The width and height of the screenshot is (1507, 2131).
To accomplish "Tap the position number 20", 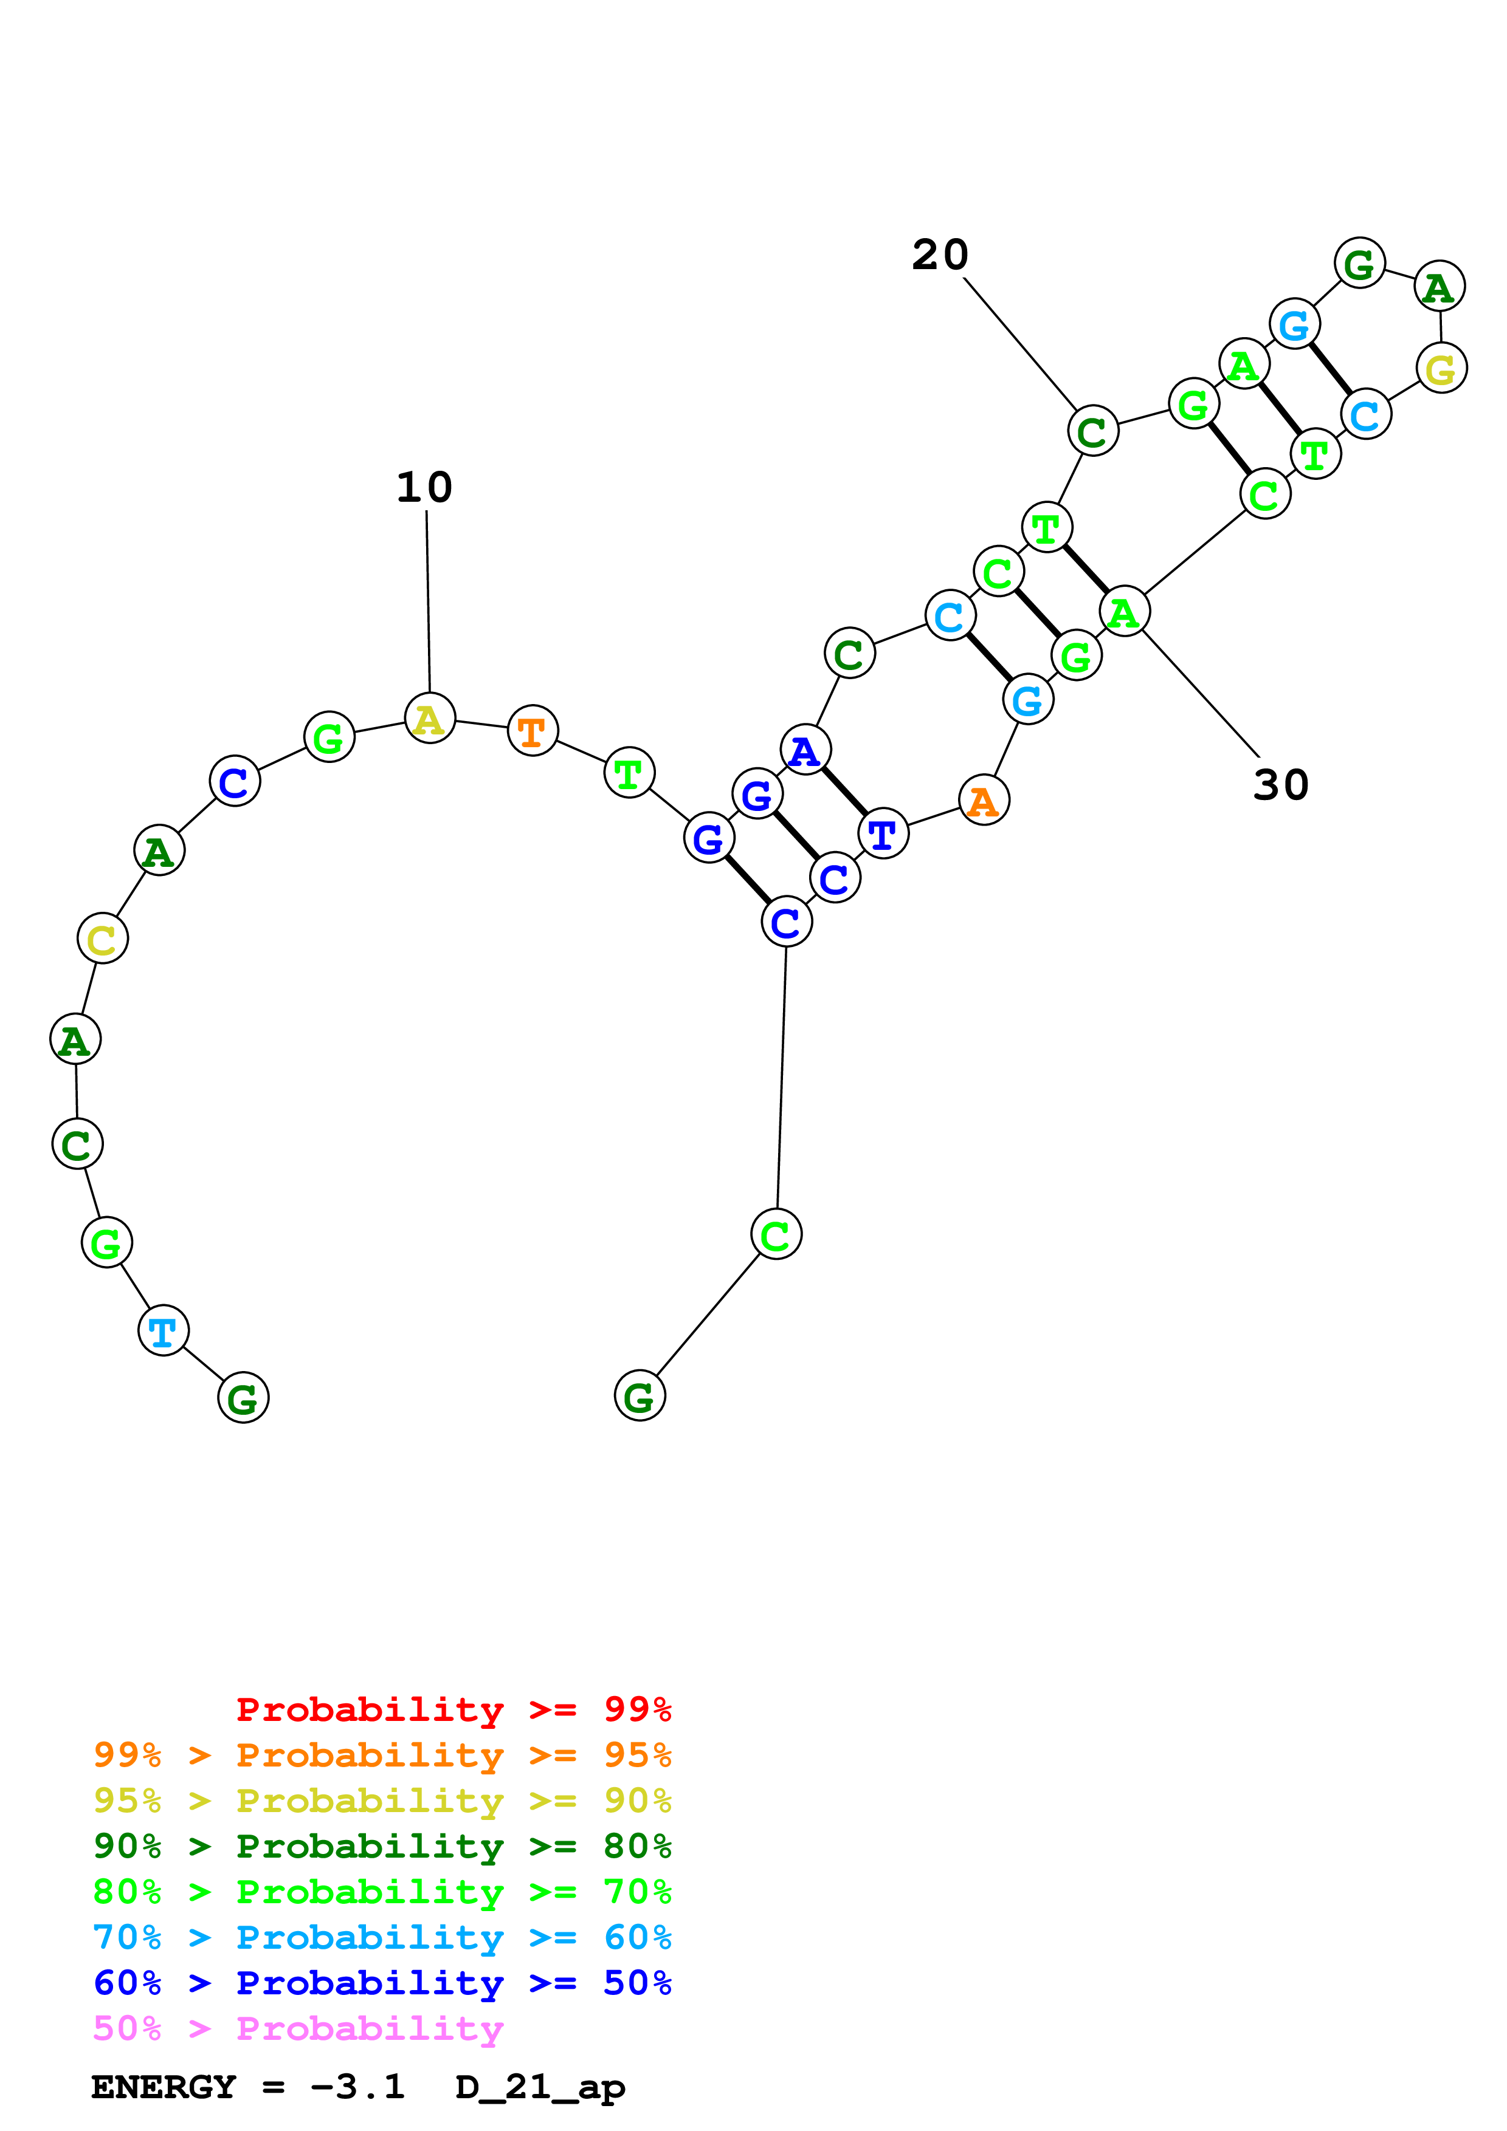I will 940,255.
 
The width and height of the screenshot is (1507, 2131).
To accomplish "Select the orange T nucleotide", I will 532,731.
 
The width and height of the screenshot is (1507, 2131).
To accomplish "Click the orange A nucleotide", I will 984,800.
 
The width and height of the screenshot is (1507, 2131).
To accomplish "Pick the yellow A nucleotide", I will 429,719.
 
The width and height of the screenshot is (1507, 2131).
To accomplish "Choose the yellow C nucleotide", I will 102,939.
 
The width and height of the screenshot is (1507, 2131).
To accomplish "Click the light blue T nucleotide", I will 164,1331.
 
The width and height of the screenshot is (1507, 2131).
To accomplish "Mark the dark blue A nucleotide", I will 805,750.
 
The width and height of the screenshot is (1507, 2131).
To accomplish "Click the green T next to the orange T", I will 629,772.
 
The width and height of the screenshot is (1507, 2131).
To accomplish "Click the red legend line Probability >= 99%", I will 453,1709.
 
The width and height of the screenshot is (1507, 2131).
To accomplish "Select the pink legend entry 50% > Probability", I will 298,2029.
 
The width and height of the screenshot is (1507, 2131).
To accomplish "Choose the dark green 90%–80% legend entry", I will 382,1846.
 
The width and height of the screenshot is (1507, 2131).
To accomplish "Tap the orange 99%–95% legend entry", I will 382,1755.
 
